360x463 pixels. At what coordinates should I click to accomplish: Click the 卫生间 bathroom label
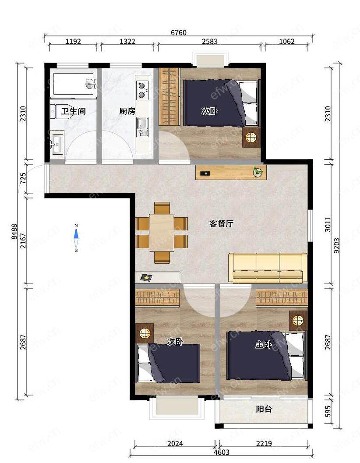click(x=74, y=111)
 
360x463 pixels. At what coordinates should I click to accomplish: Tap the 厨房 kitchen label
click(x=127, y=111)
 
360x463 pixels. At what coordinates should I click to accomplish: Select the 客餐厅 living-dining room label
click(x=221, y=224)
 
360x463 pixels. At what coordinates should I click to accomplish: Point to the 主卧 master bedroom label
click(x=263, y=345)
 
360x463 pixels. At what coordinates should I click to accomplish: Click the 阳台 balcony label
click(x=264, y=409)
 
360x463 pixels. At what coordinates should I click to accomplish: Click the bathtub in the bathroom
click(x=73, y=84)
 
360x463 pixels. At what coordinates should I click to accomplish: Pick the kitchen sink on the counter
click(x=143, y=127)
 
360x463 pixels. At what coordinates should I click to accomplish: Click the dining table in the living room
click(x=162, y=233)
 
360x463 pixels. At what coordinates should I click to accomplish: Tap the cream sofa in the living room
click(x=268, y=268)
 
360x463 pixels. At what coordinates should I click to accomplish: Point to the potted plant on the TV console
click(x=258, y=172)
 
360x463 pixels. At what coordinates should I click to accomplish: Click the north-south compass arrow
click(x=76, y=238)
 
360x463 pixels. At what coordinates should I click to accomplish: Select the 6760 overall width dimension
click(x=179, y=32)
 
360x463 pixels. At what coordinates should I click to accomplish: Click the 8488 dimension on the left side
click(x=14, y=231)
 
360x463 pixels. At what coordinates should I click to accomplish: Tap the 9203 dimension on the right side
click(x=337, y=246)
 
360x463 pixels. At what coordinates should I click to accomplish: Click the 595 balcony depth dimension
click(x=328, y=411)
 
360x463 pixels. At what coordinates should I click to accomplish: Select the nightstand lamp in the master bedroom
click(x=298, y=320)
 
